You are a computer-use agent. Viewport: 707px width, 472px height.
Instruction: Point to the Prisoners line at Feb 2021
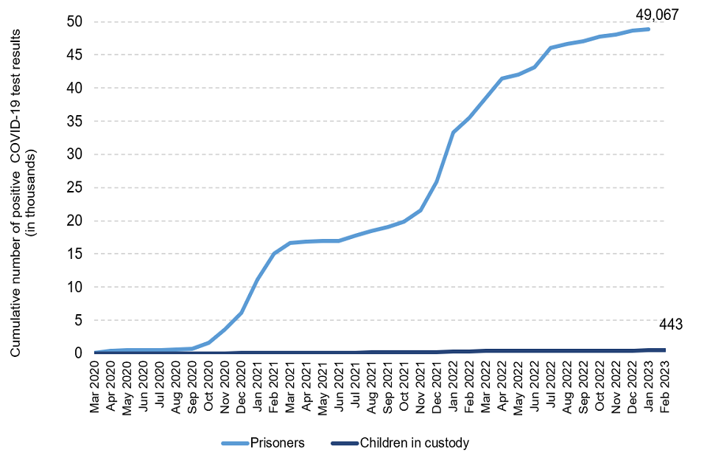pos(274,254)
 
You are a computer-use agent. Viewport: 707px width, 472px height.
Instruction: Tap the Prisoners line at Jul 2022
pos(550,48)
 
